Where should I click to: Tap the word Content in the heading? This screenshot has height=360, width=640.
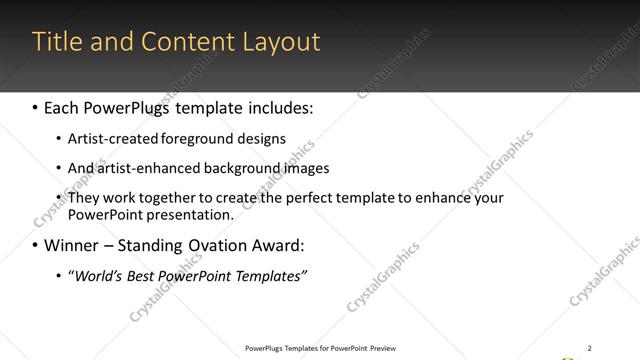(185, 42)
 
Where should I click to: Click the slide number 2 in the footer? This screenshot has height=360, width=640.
(590, 347)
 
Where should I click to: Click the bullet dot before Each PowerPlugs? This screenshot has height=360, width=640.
(36, 105)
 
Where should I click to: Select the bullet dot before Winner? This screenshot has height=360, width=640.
(36, 245)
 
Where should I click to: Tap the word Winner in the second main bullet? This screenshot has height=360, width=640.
(70, 245)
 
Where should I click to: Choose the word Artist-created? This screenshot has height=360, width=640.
(107, 139)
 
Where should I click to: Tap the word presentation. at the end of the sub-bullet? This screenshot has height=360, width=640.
(190, 214)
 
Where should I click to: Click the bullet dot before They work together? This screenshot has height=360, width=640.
(59, 198)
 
